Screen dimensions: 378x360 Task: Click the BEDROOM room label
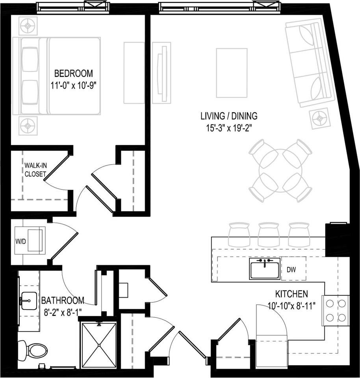pos(74,73)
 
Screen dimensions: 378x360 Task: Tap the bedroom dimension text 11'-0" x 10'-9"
pos(74,86)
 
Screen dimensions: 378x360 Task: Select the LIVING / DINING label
pos(229,116)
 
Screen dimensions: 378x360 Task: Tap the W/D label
pos(20,241)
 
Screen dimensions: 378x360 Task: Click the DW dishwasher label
pos(291,270)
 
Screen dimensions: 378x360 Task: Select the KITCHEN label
pos(291,294)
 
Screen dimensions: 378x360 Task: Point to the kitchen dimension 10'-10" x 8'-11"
pos(291,306)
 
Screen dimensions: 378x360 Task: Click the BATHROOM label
pos(63,301)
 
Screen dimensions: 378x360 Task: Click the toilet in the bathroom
pos(33,349)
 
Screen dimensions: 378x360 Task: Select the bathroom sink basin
pos(29,301)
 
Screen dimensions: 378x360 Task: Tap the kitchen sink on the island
pos(265,269)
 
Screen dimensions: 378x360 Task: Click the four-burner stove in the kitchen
pos(336,310)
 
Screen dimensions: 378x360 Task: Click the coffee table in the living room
pos(232,73)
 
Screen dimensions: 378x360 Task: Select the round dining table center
pos(280,170)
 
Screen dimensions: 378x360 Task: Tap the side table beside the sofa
pos(320,118)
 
